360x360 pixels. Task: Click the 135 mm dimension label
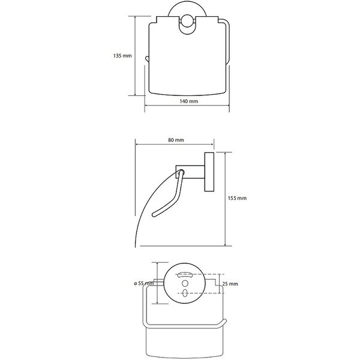pyautogui.click(x=122, y=56)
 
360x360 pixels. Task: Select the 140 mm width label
pyautogui.click(x=189, y=101)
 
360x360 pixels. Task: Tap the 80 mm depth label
pyautogui.click(x=176, y=140)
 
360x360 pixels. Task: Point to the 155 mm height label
pyautogui.click(x=237, y=198)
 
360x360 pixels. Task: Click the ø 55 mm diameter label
pyautogui.click(x=144, y=283)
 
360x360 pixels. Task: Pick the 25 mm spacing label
pyautogui.click(x=230, y=284)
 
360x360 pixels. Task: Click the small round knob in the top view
pyautogui.click(x=187, y=21)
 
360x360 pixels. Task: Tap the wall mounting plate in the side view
pyautogui.click(x=209, y=172)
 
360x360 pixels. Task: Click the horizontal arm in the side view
pyautogui.click(x=190, y=172)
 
